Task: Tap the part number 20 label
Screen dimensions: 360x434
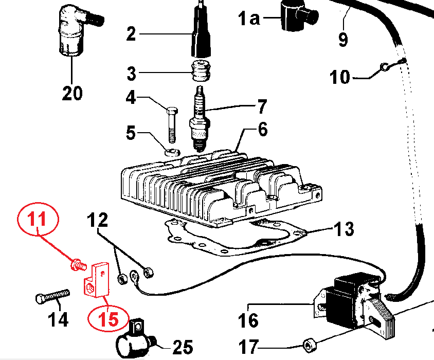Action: click(72, 94)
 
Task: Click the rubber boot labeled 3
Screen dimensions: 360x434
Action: click(200, 71)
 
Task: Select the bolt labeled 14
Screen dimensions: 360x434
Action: click(51, 297)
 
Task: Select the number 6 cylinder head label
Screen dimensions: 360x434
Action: click(263, 130)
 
